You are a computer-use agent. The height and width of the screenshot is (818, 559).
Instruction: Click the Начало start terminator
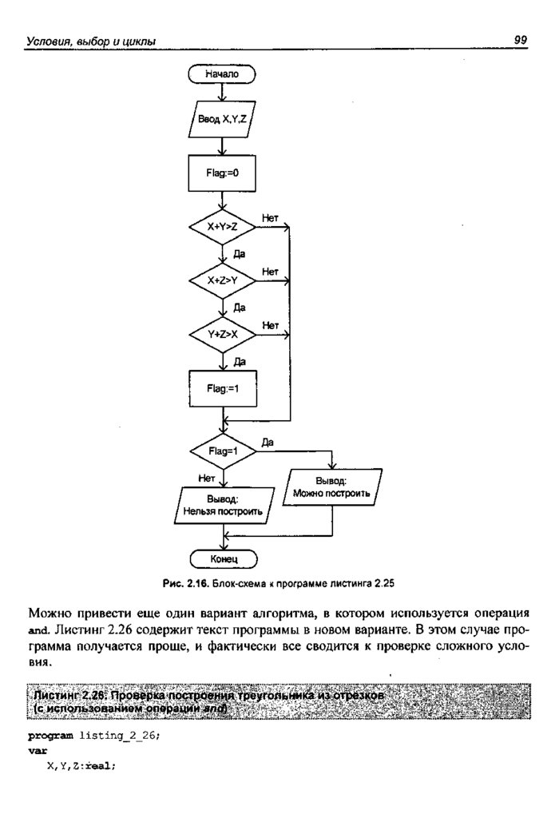[x=222, y=74]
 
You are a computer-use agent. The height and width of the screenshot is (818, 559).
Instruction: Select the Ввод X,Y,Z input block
[x=222, y=120]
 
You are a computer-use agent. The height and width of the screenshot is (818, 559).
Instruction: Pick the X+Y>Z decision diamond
[x=222, y=228]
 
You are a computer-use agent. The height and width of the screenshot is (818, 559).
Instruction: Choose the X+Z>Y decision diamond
[x=222, y=280]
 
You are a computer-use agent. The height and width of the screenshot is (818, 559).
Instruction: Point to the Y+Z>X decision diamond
[x=222, y=334]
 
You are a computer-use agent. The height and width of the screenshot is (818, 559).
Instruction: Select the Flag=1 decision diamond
[x=222, y=451]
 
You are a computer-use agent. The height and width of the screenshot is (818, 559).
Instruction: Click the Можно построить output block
[x=331, y=488]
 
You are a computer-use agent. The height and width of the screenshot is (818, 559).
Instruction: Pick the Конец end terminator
[x=222, y=558]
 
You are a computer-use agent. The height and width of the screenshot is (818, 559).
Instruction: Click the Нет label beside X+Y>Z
[x=270, y=217]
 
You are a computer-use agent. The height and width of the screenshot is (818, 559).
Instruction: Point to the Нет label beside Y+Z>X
[x=270, y=325]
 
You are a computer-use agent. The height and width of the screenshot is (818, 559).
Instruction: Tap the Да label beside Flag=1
[x=268, y=442]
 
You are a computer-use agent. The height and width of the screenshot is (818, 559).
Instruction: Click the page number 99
[x=521, y=39]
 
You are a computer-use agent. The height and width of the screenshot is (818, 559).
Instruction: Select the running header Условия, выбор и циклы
[x=90, y=40]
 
